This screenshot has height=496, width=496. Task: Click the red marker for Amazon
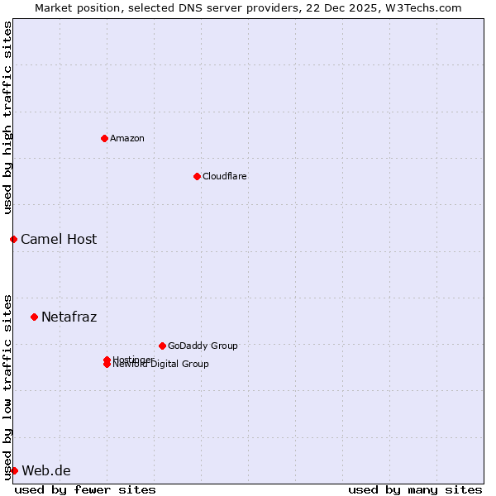pyautogui.click(x=104, y=138)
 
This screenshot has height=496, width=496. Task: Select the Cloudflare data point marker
pyautogui.click(x=197, y=176)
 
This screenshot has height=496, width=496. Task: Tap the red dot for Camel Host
pyautogui.click(x=13, y=239)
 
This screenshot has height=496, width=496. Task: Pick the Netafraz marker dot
pyautogui.click(x=34, y=317)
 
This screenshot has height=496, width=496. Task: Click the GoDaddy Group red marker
pyautogui.click(x=162, y=346)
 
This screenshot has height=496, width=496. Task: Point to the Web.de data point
pyautogui.click(x=14, y=470)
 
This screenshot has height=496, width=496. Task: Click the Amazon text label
pyautogui.click(x=126, y=138)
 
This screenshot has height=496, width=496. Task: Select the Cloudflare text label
pyautogui.click(x=224, y=176)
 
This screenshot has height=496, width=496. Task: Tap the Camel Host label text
pyautogui.click(x=59, y=239)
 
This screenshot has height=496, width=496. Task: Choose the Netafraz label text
pyautogui.click(x=69, y=317)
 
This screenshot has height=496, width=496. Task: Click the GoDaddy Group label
pyautogui.click(x=203, y=346)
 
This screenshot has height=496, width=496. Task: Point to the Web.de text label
pyautogui.click(x=46, y=470)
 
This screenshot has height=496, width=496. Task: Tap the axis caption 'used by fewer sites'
pyautogui.click(x=85, y=489)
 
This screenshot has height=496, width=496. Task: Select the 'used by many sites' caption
pyautogui.click(x=415, y=489)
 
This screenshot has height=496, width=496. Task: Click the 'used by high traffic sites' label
pyautogui.click(x=7, y=117)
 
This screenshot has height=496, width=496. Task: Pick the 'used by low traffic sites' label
pyautogui.click(x=7, y=386)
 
